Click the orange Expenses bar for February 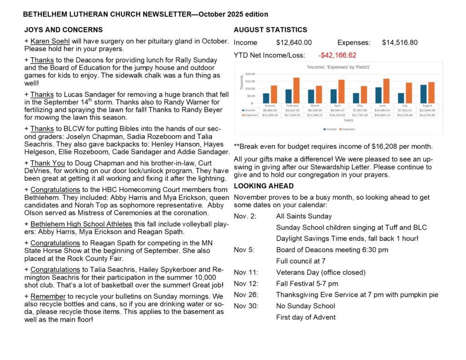[x=296, y=91]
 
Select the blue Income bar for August [x=423, y=94]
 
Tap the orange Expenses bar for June [x=386, y=91]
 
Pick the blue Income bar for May [x=356, y=98]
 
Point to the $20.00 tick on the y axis [x=250, y=74]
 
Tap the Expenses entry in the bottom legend [x=348, y=129]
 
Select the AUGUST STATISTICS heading [x=270, y=30]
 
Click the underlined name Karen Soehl [x=48, y=41]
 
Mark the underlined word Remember [x=46, y=296]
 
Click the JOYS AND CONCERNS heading [x=63, y=30]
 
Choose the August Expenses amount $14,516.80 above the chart [x=400, y=43]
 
